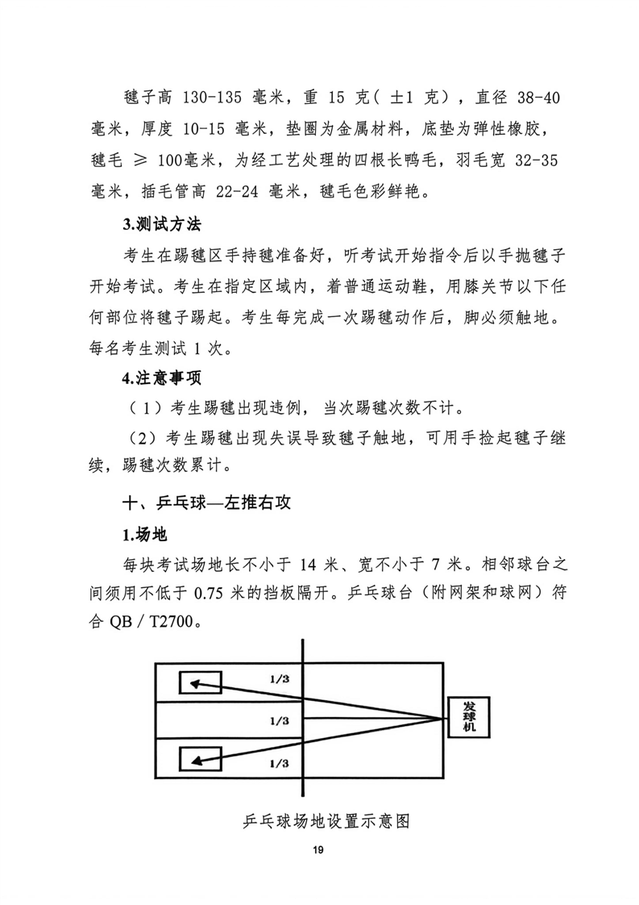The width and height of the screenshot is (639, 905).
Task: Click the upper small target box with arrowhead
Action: click(x=199, y=684)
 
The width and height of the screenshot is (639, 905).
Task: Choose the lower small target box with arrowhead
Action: click(x=199, y=759)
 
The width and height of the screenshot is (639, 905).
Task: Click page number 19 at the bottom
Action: click(x=319, y=851)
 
